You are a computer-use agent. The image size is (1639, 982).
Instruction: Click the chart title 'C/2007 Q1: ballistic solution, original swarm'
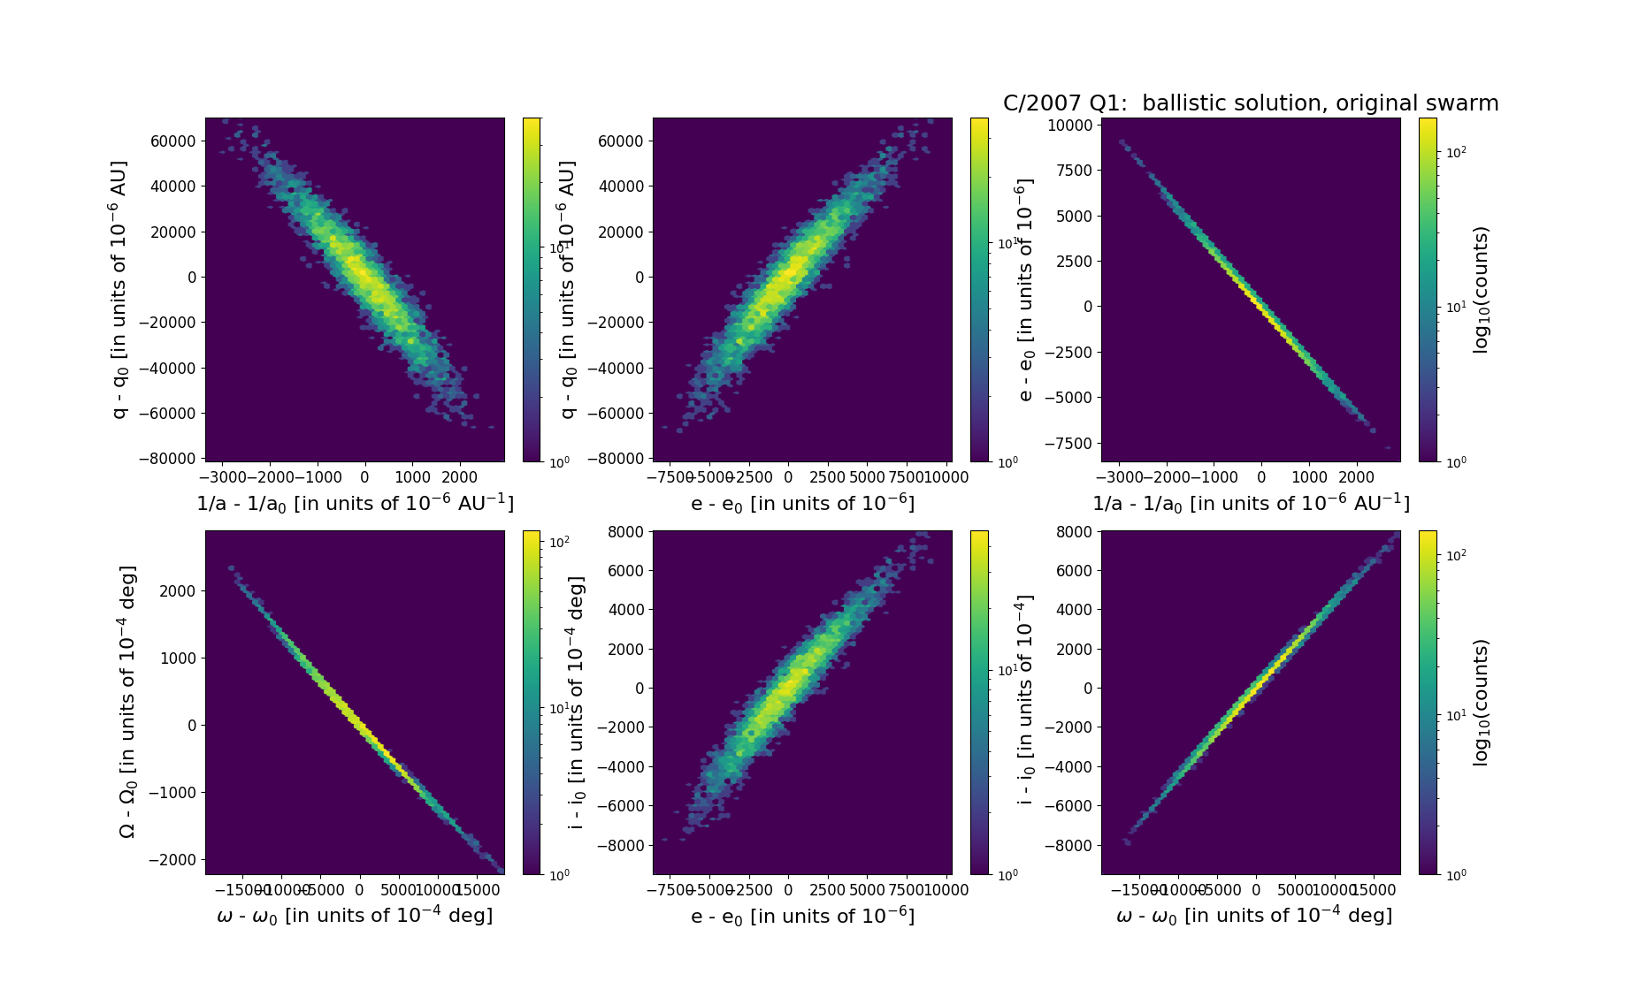click(x=1250, y=103)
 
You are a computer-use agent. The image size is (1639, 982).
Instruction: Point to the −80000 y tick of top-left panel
click(x=168, y=459)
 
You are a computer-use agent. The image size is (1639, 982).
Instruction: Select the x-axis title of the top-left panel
click(x=355, y=503)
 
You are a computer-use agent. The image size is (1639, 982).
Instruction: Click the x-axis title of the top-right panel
click(x=1251, y=503)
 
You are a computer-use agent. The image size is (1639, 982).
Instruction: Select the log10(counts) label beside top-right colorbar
click(x=1481, y=290)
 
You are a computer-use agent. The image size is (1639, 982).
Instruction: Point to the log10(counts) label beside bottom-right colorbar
click(x=1481, y=703)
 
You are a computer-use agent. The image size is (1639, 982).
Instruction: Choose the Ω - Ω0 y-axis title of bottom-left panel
click(x=127, y=702)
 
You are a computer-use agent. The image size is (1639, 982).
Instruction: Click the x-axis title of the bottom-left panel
click(x=355, y=916)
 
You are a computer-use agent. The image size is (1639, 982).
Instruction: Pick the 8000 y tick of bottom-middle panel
click(x=626, y=531)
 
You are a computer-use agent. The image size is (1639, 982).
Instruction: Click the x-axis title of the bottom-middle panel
click(x=802, y=916)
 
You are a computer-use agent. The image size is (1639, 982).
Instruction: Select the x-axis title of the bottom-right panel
click(x=1254, y=916)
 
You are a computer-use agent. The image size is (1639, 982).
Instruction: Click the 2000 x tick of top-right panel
click(x=1357, y=477)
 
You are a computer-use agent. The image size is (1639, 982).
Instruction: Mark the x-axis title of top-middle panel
click(x=802, y=503)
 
